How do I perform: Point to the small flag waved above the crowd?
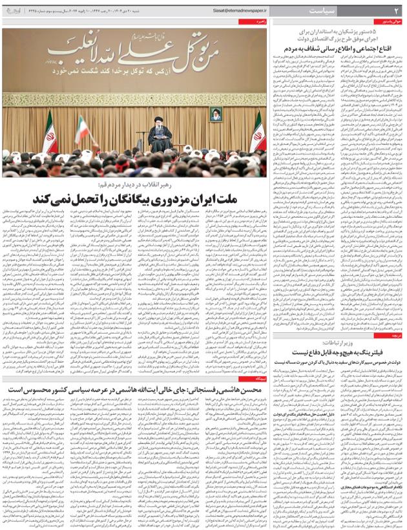tap(83, 129)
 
